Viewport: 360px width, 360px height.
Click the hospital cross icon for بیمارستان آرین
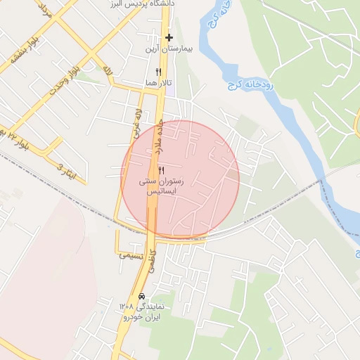pos(169,37)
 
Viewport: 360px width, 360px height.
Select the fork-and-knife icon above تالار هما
pos(158,72)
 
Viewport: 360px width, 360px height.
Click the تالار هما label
pos(158,83)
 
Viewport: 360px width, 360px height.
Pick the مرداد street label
pos(43,9)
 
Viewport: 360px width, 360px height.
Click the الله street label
pos(106,70)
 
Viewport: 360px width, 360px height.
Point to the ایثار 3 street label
pos(65,169)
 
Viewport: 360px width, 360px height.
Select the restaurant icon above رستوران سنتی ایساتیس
pos(162,171)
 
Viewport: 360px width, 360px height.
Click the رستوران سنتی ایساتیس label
pos(161,186)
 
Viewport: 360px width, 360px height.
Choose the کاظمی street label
pos(155,266)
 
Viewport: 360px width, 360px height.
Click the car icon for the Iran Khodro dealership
pos(143,295)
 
